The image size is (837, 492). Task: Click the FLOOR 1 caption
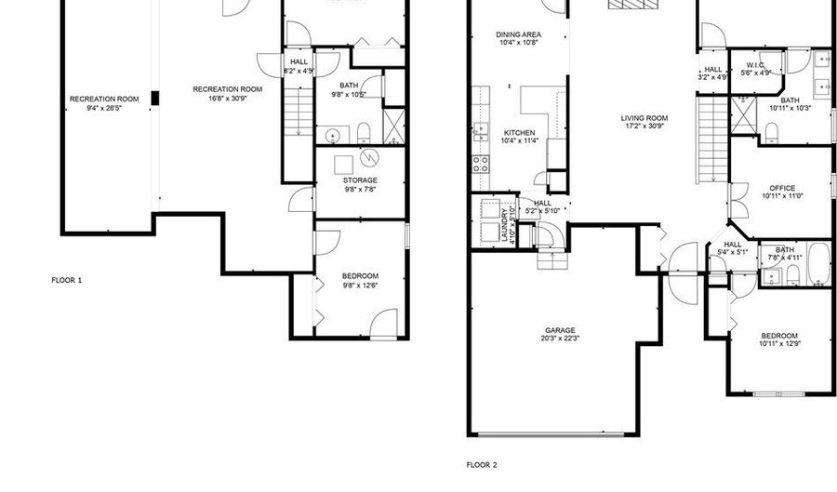point(66,279)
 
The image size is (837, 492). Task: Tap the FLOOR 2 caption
point(482,463)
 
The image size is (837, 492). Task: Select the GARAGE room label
point(560,329)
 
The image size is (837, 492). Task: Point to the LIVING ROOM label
point(645,117)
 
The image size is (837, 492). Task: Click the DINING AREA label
point(518,34)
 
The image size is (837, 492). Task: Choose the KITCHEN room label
point(519,132)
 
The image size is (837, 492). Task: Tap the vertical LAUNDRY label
point(504,226)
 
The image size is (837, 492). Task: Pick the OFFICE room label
point(781,188)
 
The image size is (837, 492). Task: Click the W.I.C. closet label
point(754,65)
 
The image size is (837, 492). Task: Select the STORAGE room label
point(360,180)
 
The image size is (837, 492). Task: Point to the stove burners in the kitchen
point(482,165)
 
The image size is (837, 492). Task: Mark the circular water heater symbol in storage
point(369,157)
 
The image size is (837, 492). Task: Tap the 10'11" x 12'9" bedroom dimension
point(778,344)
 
